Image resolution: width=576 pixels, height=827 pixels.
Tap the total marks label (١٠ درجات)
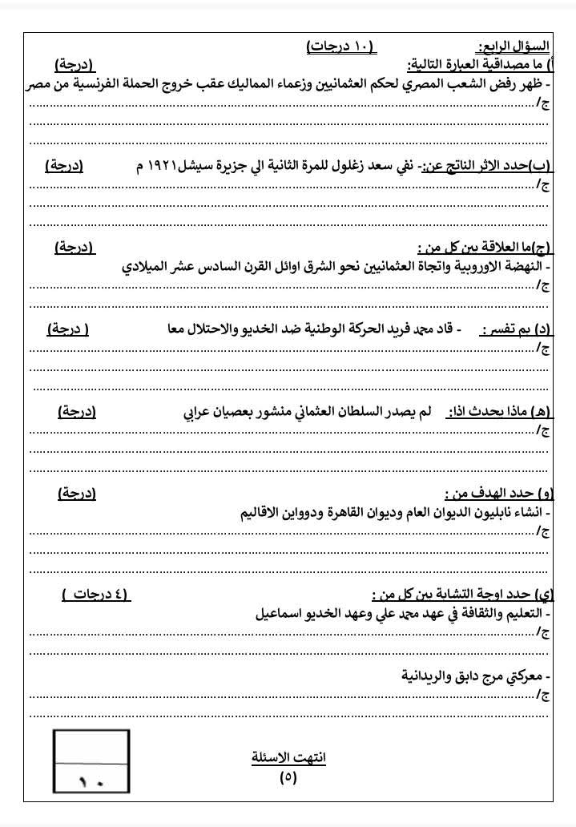[x=340, y=46]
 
